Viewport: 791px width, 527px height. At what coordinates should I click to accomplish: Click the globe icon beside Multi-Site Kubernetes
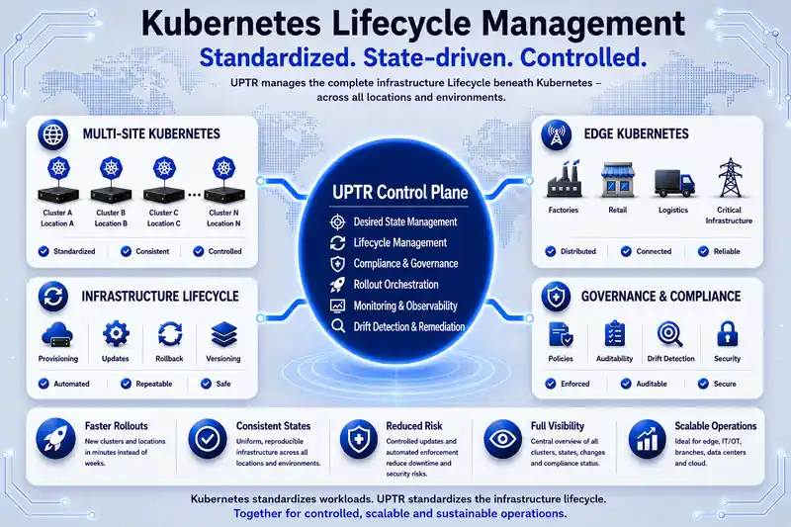[53, 134]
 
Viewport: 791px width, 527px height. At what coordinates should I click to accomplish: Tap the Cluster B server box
[111, 195]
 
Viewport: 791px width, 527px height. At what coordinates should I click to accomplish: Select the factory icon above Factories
[564, 179]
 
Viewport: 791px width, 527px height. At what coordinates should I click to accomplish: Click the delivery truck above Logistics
[674, 183]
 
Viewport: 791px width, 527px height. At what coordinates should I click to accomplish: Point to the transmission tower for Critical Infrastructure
[730, 178]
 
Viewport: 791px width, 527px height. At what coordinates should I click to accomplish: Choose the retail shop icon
[617, 180]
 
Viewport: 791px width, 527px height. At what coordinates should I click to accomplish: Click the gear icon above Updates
[116, 333]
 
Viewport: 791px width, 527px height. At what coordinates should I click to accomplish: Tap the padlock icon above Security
[727, 333]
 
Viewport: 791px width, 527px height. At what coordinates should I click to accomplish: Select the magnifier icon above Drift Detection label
[670, 334]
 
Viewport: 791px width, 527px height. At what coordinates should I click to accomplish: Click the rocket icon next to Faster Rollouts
[55, 438]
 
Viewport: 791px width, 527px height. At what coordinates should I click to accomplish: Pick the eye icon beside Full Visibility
[502, 438]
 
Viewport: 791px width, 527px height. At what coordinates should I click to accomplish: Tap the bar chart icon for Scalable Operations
[648, 439]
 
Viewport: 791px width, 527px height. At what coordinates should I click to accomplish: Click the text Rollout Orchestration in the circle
[396, 285]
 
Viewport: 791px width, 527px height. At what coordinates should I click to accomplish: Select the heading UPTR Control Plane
[400, 192]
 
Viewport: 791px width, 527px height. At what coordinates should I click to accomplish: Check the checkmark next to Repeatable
[127, 384]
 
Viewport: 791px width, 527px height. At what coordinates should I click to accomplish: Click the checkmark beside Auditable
[626, 384]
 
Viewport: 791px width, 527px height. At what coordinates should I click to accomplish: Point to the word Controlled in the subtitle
[583, 57]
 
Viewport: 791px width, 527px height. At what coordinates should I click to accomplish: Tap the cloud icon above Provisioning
[57, 334]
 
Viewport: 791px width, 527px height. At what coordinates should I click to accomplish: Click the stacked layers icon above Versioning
[224, 334]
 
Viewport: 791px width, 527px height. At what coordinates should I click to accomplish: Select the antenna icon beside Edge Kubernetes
[556, 134]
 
